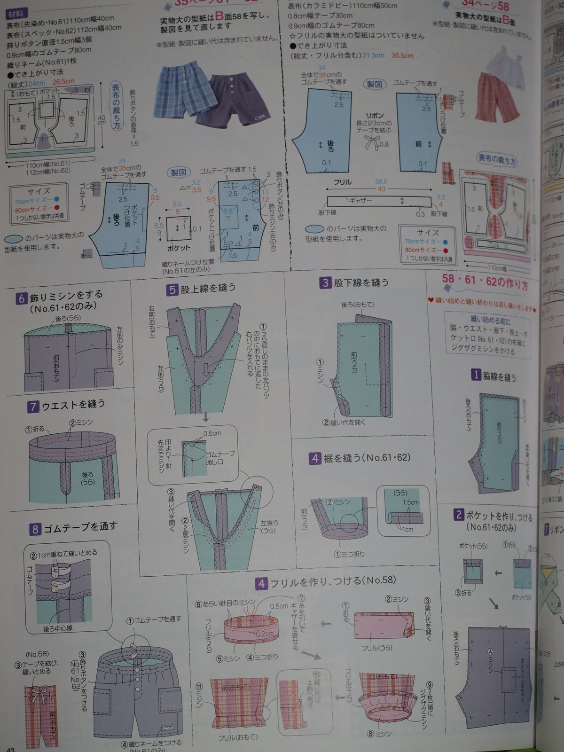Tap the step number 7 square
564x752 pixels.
tap(32, 407)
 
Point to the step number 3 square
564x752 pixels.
tap(325, 283)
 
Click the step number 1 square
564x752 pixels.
tap(476, 375)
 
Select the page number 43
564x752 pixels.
tap(10, 748)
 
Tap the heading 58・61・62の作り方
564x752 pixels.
tap(484, 282)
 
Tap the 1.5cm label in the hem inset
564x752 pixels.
tap(409, 502)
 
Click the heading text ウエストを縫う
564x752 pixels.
tap(73, 404)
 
